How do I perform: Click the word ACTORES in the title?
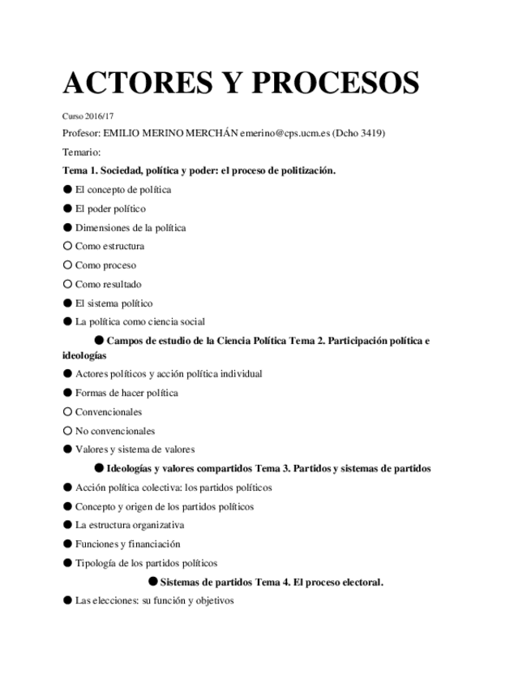(131, 83)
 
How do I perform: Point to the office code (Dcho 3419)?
(359, 133)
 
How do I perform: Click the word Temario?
(81, 152)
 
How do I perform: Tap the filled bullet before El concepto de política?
(67, 190)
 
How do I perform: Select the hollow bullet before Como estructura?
(67, 247)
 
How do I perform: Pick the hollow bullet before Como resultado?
(67, 285)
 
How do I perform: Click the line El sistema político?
(113, 303)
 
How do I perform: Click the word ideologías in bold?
(84, 355)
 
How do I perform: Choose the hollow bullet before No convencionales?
(67, 431)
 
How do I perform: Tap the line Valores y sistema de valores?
(135, 449)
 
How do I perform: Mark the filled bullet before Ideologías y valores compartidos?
(99, 468)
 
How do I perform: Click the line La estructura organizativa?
(130, 525)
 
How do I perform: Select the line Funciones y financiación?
(127, 544)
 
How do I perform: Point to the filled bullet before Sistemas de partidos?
(152, 582)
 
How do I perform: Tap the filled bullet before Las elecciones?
(67, 601)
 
